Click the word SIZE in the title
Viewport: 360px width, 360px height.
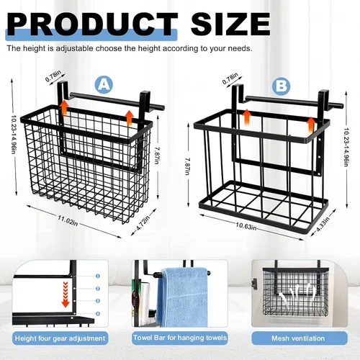tap(230, 24)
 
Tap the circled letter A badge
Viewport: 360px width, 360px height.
tap(104, 85)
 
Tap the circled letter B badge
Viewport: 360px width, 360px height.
tap(282, 86)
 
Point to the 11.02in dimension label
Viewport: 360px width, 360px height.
tap(68, 220)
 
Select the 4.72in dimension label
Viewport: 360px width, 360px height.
tap(143, 223)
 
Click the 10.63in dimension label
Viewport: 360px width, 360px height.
tap(246, 226)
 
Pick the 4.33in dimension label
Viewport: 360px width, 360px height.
tap(323, 225)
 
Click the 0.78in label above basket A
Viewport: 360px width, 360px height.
tap(53, 76)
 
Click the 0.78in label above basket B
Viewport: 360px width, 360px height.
tap(230, 78)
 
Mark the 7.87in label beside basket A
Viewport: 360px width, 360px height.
tap(157, 156)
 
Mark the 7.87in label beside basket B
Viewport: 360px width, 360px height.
tap(187, 166)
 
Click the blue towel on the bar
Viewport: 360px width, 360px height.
tap(183, 297)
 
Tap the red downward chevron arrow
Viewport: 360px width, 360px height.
tap(66, 294)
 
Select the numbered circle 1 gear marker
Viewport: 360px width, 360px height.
tap(98, 276)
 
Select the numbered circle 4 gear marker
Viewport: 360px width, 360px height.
tap(98, 313)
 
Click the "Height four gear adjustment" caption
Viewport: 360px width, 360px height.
tap(60, 338)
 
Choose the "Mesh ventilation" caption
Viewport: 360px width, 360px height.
tap(298, 338)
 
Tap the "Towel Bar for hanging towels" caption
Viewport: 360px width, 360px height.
tap(180, 338)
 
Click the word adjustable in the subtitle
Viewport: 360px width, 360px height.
tap(74, 48)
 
